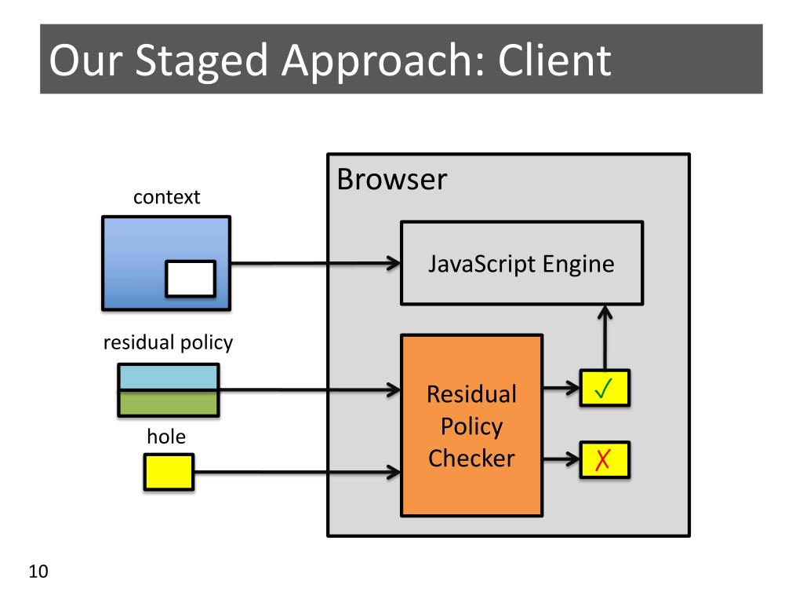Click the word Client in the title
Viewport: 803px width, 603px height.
click(x=554, y=60)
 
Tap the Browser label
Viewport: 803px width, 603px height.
click(x=392, y=180)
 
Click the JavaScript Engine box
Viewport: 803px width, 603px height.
click(x=521, y=263)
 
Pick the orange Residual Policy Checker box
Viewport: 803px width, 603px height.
click(x=471, y=425)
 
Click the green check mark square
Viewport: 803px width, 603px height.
click(x=605, y=388)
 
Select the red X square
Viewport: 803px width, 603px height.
click(x=605, y=460)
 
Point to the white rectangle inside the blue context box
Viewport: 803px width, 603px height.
click(x=191, y=279)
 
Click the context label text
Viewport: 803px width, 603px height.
click(x=166, y=197)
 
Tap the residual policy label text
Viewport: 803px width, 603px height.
click(x=168, y=342)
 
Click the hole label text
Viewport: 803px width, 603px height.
click(x=166, y=437)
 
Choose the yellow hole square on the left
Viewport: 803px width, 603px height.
click(x=169, y=472)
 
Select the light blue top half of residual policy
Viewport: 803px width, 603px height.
click(x=169, y=377)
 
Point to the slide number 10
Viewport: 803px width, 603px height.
click(x=38, y=572)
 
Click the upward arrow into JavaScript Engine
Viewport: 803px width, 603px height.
click(x=605, y=338)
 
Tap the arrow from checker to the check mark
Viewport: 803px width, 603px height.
click(x=561, y=388)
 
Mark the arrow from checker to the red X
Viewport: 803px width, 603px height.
click(x=561, y=459)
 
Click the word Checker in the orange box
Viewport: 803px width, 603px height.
click(x=471, y=459)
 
